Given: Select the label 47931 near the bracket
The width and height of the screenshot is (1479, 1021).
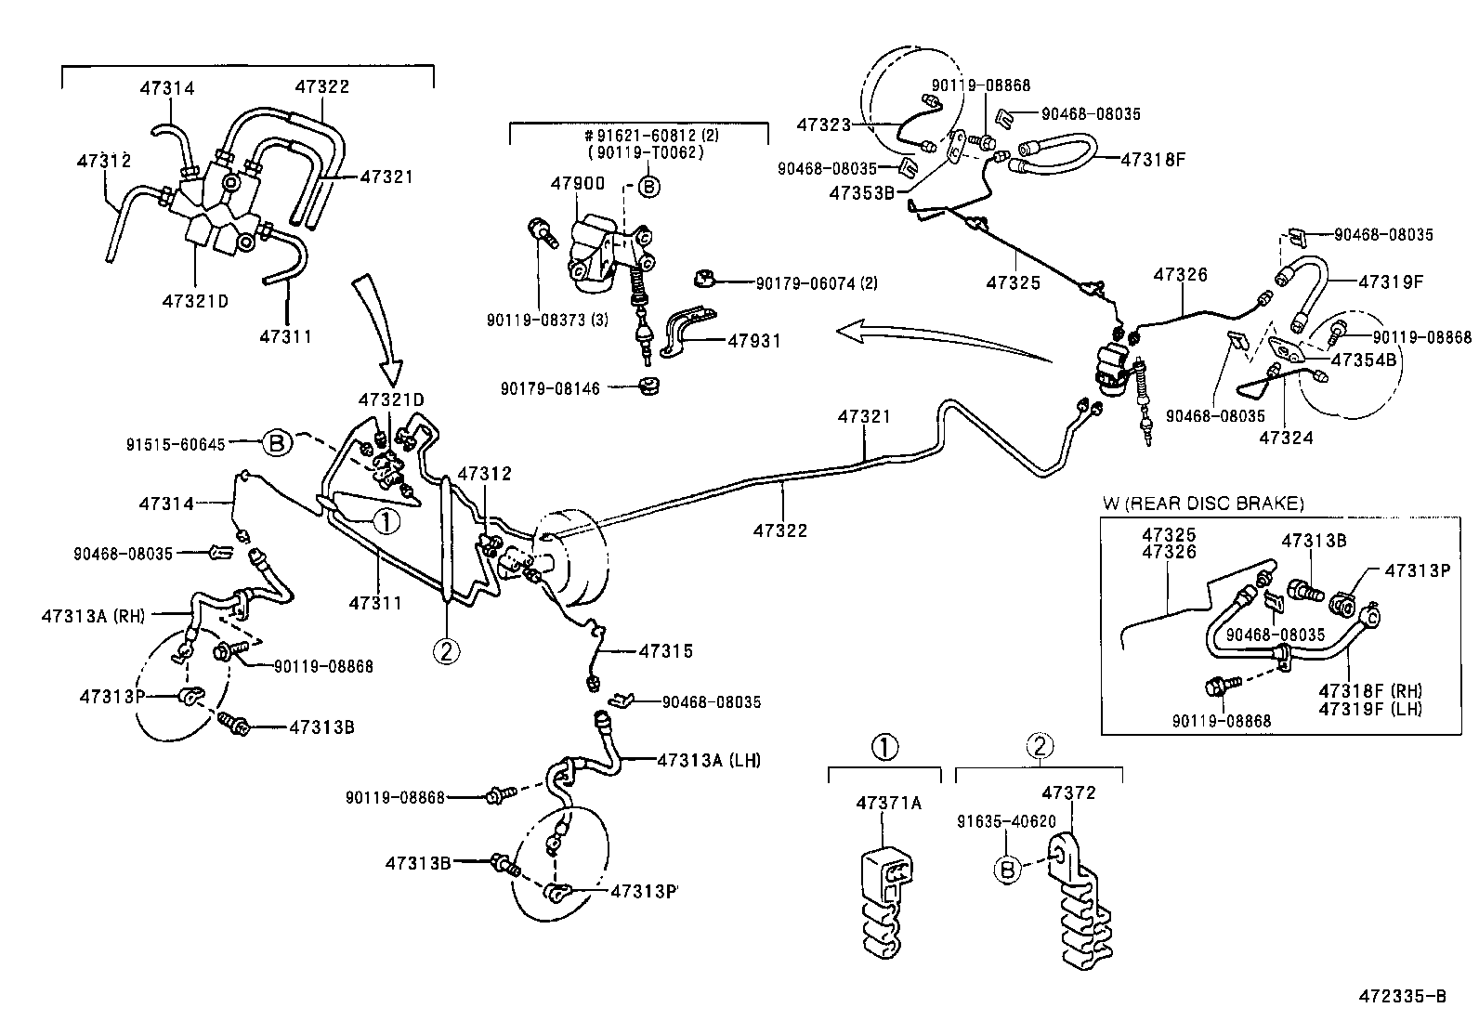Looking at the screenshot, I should click(754, 341).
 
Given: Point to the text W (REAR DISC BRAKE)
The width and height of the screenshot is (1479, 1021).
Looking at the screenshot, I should click(1203, 504).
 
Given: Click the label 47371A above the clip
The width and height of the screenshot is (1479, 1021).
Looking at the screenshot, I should click(888, 803).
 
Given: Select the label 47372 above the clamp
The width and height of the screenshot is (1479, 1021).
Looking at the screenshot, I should click(1068, 792).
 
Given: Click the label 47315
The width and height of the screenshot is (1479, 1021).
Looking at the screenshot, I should click(665, 651).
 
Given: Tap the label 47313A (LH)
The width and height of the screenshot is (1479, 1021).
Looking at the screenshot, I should click(708, 760).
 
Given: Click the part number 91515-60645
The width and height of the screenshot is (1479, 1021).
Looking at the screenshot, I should click(176, 444).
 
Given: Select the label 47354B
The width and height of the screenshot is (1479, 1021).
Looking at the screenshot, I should click(1364, 360).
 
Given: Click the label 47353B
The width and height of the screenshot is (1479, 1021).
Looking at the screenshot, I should click(861, 192).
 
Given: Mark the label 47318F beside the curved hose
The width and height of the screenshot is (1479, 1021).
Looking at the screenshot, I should click(1153, 158).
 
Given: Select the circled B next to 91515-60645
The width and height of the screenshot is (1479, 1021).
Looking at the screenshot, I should click(277, 443).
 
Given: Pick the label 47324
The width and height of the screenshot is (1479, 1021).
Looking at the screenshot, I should click(1287, 437).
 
